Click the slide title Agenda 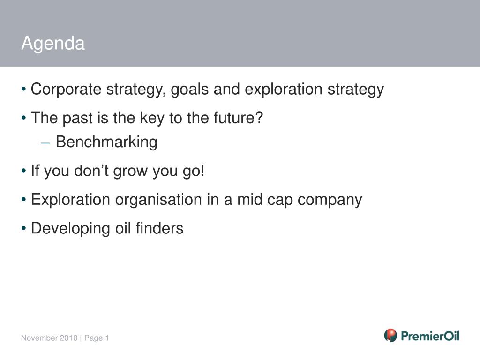(x=53, y=44)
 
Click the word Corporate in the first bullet (x=66, y=90)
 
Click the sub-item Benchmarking (x=106, y=142)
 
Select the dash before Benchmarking (x=45, y=143)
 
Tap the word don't (x=91, y=170)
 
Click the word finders (x=159, y=228)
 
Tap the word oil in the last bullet (x=123, y=228)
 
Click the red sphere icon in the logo (x=390, y=336)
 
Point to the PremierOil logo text (x=430, y=336)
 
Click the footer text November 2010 (x=49, y=338)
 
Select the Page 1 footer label (x=97, y=338)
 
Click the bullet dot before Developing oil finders (x=24, y=228)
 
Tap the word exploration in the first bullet (x=284, y=90)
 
